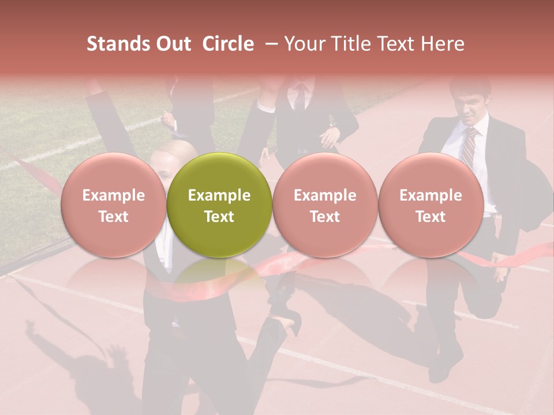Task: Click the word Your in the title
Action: [x=302, y=44]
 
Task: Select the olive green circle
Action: [x=219, y=205]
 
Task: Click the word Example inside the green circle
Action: [x=219, y=195]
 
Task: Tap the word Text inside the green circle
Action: [x=219, y=217]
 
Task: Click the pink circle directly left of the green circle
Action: [x=113, y=205]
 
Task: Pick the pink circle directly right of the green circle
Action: [x=325, y=205]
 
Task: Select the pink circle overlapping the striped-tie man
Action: [x=431, y=205]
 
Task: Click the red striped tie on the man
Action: [x=469, y=147]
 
